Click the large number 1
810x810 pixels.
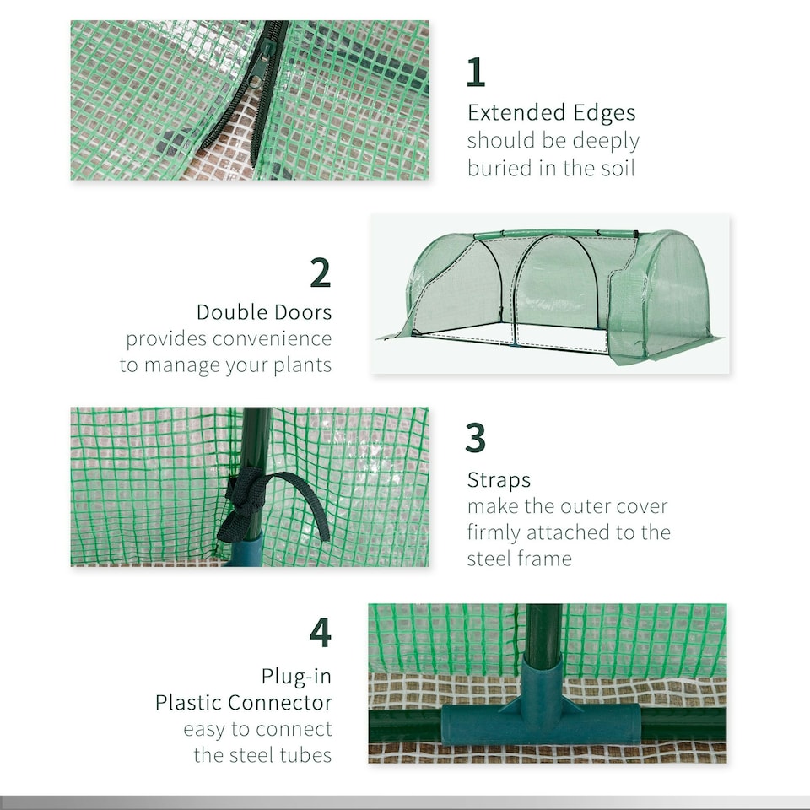click(x=476, y=73)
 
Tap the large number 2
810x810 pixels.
click(x=321, y=273)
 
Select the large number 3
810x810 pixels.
click(x=476, y=439)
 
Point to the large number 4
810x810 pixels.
click(x=321, y=633)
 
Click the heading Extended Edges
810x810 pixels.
click(x=552, y=113)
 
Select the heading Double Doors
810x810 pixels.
click(x=264, y=312)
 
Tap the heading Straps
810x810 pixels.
click(x=499, y=481)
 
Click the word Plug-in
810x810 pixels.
click(x=296, y=677)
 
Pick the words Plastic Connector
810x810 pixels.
click(x=244, y=703)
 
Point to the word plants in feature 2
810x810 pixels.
click(x=295, y=365)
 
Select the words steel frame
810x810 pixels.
click(x=519, y=559)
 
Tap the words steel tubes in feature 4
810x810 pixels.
click(x=263, y=755)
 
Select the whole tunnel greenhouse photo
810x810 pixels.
click(x=551, y=294)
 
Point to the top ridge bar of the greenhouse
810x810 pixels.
click(x=557, y=234)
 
